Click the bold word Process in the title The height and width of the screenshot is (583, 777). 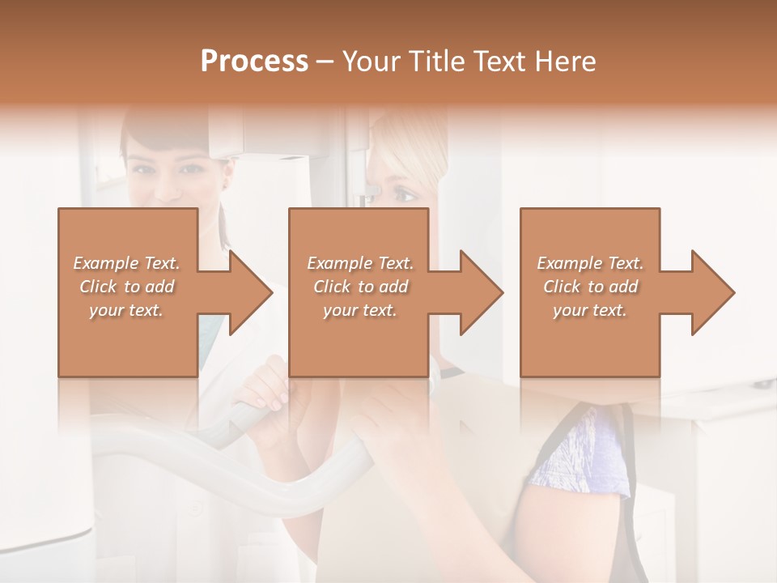pyautogui.click(x=254, y=62)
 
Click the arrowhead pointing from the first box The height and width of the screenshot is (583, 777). pyautogui.click(x=249, y=292)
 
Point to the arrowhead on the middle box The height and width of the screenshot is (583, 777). pyautogui.click(x=480, y=292)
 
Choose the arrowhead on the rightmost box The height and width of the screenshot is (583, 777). pyautogui.click(x=711, y=292)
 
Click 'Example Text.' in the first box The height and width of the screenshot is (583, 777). pyautogui.click(x=127, y=263)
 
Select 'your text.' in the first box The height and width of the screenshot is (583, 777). pyautogui.click(x=127, y=310)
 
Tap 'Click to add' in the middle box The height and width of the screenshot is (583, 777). pyautogui.click(x=360, y=287)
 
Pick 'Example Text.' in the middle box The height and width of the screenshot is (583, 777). pyautogui.click(x=360, y=263)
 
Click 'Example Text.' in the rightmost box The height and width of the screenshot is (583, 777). pyautogui.click(x=590, y=263)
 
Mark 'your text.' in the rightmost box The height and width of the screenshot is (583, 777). pyautogui.click(x=590, y=310)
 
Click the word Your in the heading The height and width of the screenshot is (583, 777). pyautogui.click(x=372, y=62)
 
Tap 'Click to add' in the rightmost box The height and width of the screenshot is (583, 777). pyautogui.click(x=590, y=287)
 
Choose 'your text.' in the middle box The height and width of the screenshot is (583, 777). pyautogui.click(x=360, y=310)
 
